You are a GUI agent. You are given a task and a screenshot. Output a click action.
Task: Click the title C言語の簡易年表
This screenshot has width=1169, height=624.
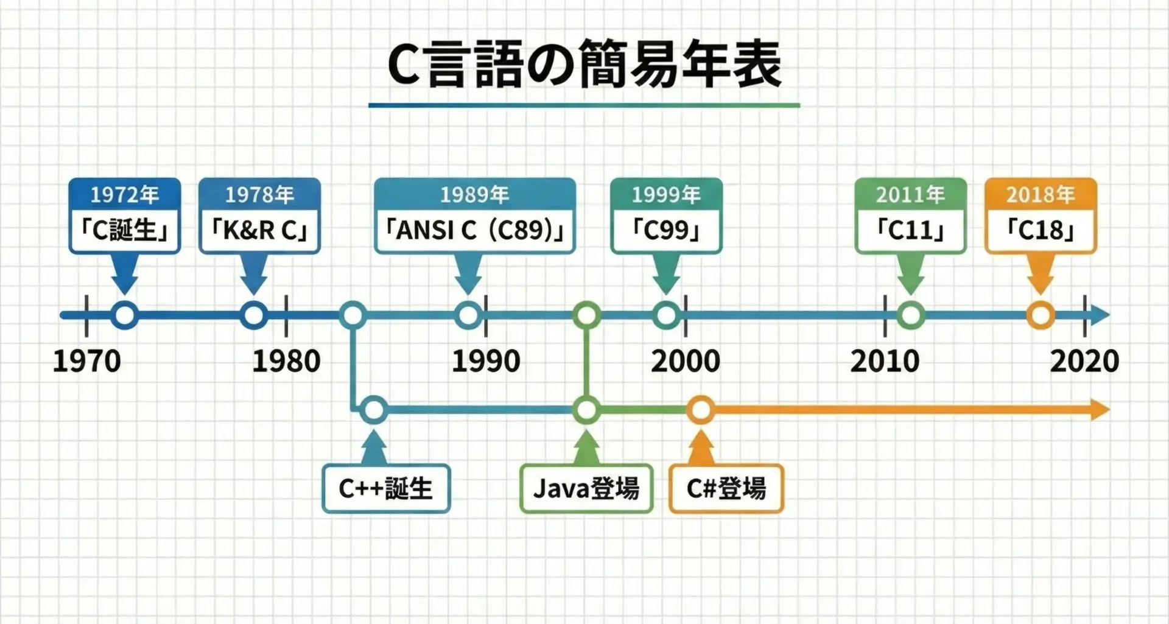click(584, 65)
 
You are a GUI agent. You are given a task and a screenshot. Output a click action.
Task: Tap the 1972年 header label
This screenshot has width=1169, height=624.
click(125, 195)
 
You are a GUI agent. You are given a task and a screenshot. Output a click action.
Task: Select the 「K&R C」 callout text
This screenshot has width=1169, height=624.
click(259, 231)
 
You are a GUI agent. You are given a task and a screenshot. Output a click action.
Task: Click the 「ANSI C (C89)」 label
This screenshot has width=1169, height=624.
click(475, 231)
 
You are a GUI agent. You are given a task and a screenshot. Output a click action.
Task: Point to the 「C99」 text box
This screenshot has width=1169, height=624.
click(666, 231)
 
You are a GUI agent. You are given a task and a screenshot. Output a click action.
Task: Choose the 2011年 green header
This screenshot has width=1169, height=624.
click(910, 195)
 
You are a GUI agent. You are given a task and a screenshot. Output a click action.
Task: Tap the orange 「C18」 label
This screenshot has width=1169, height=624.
click(1041, 231)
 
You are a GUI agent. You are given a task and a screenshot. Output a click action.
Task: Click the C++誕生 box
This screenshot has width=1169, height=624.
click(386, 488)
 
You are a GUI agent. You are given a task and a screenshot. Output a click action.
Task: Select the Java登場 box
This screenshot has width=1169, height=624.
click(586, 488)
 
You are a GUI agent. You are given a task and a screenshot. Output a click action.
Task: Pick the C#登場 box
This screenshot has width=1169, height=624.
click(726, 488)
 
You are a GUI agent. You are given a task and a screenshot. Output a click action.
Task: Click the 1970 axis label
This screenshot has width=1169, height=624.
click(86, 361)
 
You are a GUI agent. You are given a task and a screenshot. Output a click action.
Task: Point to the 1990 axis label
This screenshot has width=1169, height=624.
click(486, 361)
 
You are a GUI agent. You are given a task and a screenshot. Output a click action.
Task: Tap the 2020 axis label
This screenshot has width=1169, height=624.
click(1084, 361)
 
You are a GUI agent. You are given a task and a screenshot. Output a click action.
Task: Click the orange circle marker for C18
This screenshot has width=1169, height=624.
click(1041, 315)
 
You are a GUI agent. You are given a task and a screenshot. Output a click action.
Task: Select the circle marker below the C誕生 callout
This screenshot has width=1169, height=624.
click(125, 315)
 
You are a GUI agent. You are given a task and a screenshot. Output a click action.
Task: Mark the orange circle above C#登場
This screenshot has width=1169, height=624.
click(701, 410)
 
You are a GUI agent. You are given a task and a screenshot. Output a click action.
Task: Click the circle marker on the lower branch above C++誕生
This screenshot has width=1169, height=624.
click(374, 410)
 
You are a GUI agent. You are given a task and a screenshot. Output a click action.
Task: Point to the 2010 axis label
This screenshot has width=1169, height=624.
click(885, 361)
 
